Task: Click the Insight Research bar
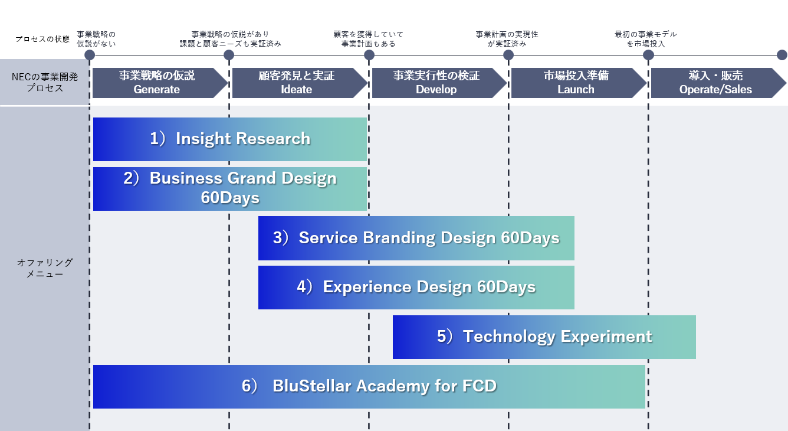[x=230, y=139]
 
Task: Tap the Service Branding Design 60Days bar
[x=416, y=238]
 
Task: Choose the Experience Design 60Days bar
[x=416, y=288]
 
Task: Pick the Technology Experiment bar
[x=544, y=337]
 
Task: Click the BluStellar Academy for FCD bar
[x=369, y=387]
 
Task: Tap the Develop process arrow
[x=437, y=83]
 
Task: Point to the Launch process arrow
[x=577, y=83]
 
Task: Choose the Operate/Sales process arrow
[x=716, y=83]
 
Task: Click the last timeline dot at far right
[x=782, y=55]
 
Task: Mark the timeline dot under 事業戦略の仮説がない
[x=90, y=55]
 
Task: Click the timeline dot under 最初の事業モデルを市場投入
[x=648, y=55]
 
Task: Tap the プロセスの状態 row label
[x=42, y=39]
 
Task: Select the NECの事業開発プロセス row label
[x=45, y=83]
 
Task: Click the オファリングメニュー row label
[x=45, y=268]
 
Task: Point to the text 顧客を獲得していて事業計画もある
[x=369, y=39]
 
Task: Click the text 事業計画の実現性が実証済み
[x=507, y=39]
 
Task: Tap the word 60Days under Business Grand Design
[x=230, y=198]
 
